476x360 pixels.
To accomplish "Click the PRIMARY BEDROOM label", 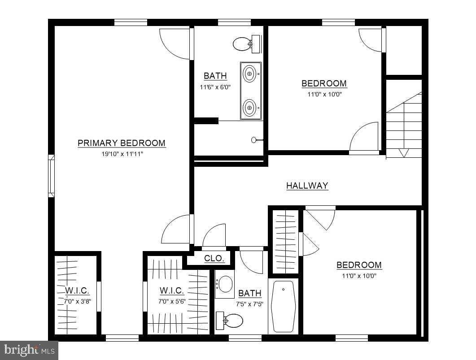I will point(122,143).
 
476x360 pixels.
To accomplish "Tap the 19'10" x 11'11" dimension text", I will point(122,154).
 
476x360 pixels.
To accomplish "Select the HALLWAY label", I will point(307,186).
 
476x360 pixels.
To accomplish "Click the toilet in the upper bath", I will point(243,44).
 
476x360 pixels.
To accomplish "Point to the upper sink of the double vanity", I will point(250,72).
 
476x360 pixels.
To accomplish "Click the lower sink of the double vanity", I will point(250,108).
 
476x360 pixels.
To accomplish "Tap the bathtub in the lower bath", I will point(283,306).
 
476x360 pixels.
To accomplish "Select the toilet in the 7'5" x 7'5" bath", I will point(231,321).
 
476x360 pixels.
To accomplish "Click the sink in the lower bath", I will point(225,284).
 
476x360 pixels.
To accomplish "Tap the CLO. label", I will point(214,258).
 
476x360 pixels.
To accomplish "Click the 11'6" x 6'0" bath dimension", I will point(215,87).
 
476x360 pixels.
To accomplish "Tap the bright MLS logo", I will point(29,349).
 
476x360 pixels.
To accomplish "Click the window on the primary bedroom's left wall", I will point(51,176).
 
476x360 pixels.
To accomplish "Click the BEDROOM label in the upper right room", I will point(324,83).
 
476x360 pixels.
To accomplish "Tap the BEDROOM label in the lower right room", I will point(359,265).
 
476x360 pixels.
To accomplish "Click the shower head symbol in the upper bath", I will point(254,140).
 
